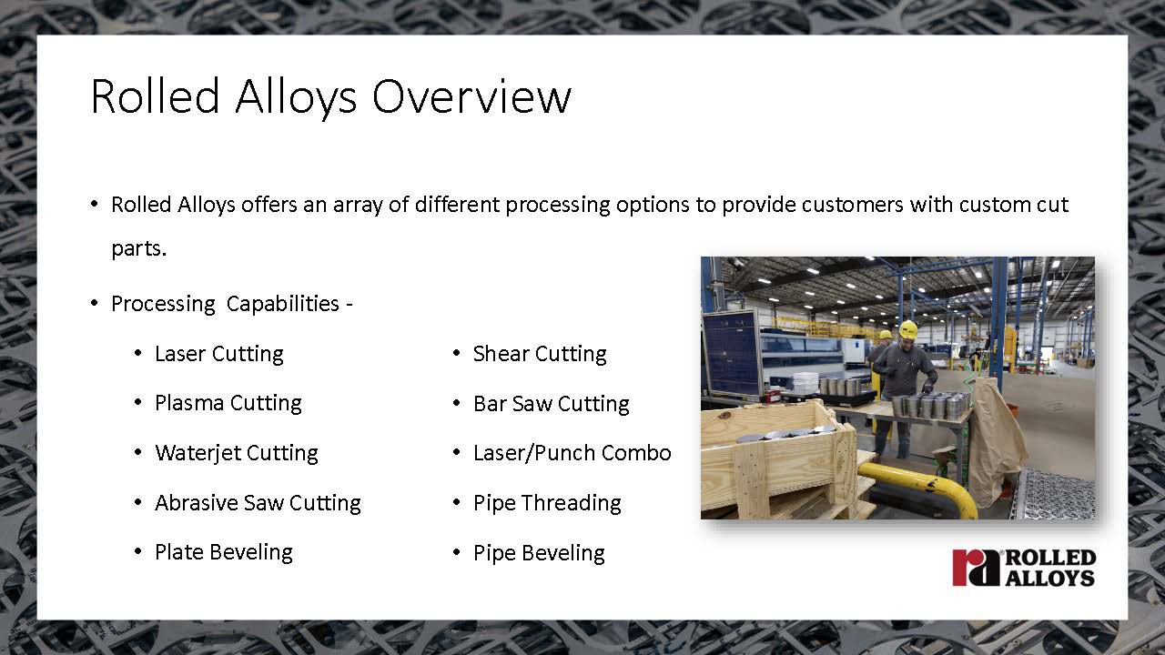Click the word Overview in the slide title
coord(471,96)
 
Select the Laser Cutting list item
coord(219,354)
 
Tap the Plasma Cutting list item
coord(228,403)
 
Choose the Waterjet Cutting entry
coord(237,453)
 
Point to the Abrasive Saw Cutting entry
coord(258,503)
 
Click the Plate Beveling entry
coord(224,552)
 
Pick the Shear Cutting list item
coord(540,354)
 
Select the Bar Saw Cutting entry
coord(552,404)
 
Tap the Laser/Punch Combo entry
coord(572,453)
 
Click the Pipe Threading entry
coord(547,503)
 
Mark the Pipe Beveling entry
coord(539,553)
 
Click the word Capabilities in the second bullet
coord(283,304)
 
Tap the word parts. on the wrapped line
coord(139,249)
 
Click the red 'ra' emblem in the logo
coord(976,568)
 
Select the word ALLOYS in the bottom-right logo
coord(1050,578)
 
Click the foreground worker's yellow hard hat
coord(908,328)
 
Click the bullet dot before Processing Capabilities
coord(94,303)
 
